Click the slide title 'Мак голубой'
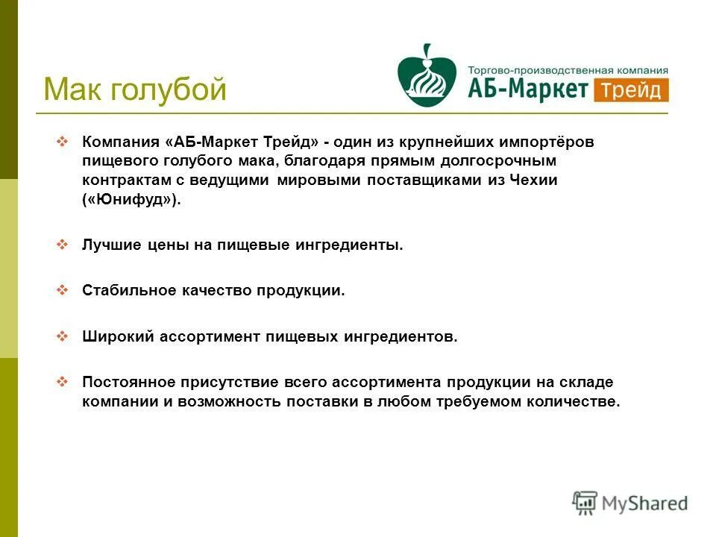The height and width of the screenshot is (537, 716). pos(134,90)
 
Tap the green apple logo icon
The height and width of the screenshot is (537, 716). pos(427,76)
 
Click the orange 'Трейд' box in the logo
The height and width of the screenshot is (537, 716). pos(631,90)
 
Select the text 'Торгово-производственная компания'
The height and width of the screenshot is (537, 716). pos(568,69)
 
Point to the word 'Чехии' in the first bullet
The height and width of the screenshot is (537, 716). pos(534,180)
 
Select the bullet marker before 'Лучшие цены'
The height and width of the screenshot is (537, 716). pos(63,245)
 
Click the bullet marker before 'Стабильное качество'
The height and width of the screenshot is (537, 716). pos(63,290)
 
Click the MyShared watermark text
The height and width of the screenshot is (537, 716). pos(644,503)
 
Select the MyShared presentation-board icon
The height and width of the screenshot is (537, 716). pos(585,503)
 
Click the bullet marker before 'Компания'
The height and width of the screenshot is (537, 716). pos(63,141)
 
